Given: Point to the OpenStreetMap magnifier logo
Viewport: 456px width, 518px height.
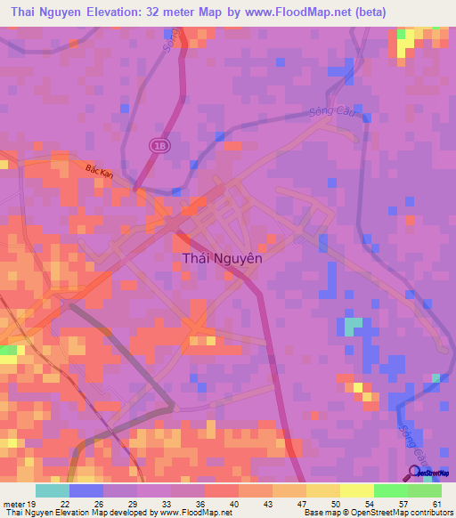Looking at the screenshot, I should click(x=415, y=473).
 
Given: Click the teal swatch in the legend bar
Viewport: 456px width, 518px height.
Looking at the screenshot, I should click(x=52, y=490).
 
